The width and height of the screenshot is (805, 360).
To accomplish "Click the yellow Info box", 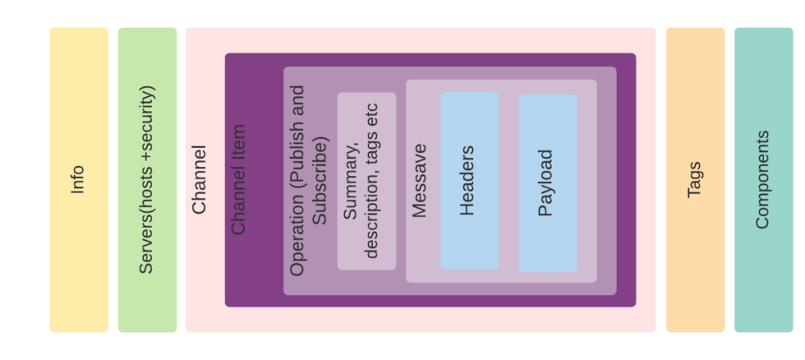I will pos(79,247).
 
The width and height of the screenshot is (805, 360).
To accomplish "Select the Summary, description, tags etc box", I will pos(366,123).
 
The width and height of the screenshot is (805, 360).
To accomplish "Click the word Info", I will pos(78,179).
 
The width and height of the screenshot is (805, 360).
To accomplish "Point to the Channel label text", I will pos(200,180).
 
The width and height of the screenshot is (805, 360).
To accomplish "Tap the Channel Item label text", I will pos(238,180).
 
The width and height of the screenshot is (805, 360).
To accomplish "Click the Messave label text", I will pos(419,181).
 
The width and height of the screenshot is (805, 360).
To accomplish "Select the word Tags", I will pos(694,179).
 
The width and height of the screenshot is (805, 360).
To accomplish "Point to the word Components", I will pos(762,179).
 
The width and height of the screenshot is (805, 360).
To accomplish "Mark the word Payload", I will pos(545,182).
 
